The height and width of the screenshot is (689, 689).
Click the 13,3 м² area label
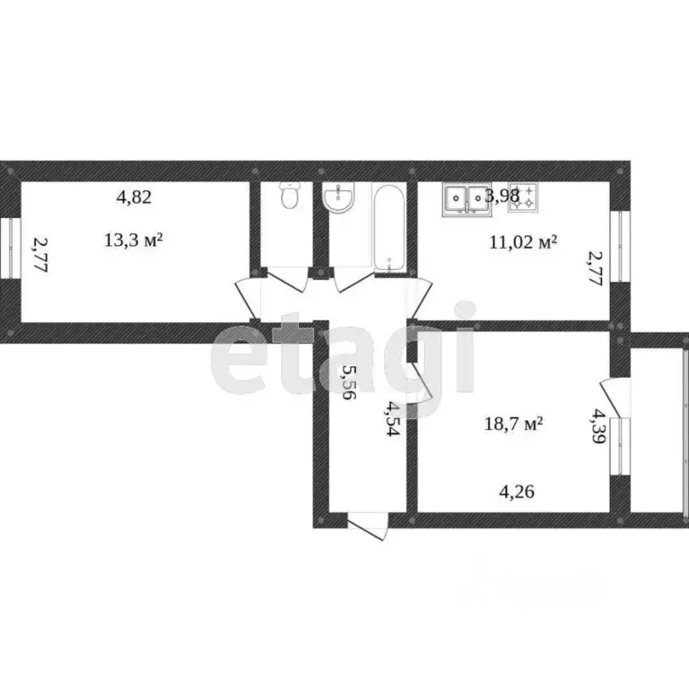click(x=133, y=240)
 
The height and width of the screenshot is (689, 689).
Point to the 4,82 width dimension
click(x=133, y=198)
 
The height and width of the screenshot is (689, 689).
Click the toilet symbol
click(x=289, y=196)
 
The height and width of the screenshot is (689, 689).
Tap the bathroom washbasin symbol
click(x=341, y=199)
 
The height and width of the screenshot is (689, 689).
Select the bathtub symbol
click(x=389, y=228)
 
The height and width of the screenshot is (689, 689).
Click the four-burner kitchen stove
click(x=523, y=198)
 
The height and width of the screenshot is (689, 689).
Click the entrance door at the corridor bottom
click(x=368, y=526)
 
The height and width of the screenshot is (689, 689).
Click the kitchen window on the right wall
click(x=617, y=247)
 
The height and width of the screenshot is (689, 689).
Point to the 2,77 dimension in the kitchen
click(x=593, y=267)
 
